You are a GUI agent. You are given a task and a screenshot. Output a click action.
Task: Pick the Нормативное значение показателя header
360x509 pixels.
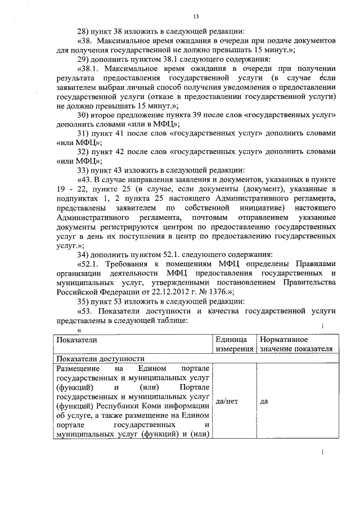[x=295, y=344]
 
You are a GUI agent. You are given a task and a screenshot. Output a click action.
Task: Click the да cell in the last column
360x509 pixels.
[x=265, y=402]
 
